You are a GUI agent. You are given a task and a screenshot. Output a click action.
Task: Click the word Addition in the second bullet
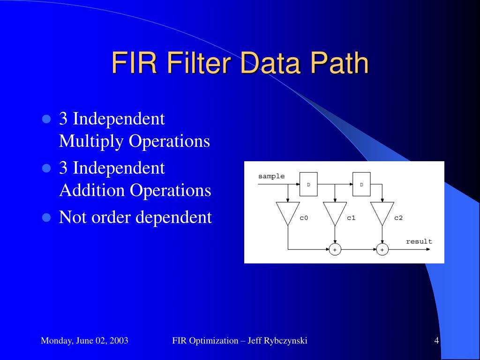[x=92, y=190]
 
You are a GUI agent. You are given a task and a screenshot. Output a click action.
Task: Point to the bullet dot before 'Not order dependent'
[x=46, y=217]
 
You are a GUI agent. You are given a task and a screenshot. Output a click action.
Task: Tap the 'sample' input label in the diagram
[x=271, y=176]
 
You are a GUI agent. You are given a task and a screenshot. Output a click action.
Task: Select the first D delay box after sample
[x=308, y=184]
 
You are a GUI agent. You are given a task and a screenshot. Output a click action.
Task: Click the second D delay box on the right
[x=361, y=184]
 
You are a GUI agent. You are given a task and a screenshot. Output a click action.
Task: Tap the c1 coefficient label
[x=351, y=218]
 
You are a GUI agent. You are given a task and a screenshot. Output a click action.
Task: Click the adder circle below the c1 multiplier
[x=335, y=250]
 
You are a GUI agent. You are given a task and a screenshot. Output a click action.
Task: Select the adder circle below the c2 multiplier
[x=382, y=250]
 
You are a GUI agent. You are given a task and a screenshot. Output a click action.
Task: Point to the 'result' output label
[x=419, y=241]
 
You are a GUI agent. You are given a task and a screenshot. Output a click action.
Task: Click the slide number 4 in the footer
[x=436, y=341]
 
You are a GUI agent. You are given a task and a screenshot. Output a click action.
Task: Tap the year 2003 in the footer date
[x=119, y=341]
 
